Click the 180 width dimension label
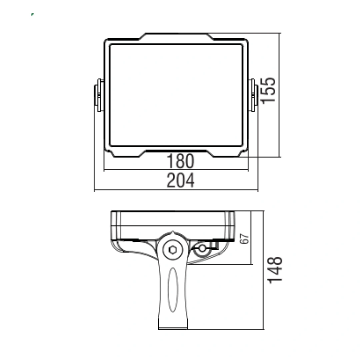[x=180, y=161]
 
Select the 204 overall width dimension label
[x=180, y=180]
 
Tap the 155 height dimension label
[x=268, y=90]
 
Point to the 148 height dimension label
[x=275, y=270]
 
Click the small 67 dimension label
[x=244, y=239]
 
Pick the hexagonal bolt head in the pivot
[x=173, y=250]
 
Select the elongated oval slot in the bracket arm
[x=173, y=290]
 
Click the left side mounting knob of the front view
[x=99, y=95]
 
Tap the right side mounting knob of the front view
[x=253, y=95]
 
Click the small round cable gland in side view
[x=202, y=248]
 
